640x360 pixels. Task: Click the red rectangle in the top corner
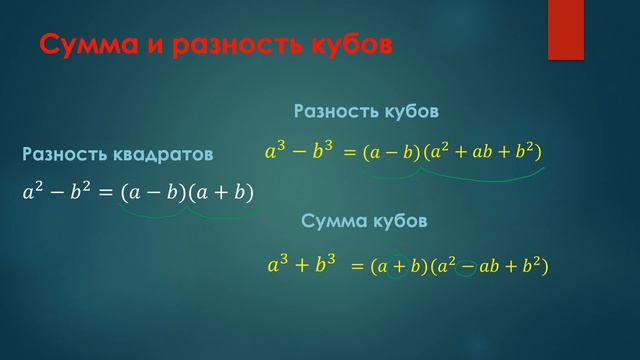(565, 30)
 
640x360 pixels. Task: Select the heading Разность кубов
(366, 111)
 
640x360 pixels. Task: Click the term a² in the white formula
(34, 191)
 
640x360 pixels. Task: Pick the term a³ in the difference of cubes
(276, 152)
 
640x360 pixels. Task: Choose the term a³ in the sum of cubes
(280, 266)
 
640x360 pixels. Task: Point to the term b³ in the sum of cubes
(322, 266)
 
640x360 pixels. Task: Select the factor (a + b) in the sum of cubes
(396, 267)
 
